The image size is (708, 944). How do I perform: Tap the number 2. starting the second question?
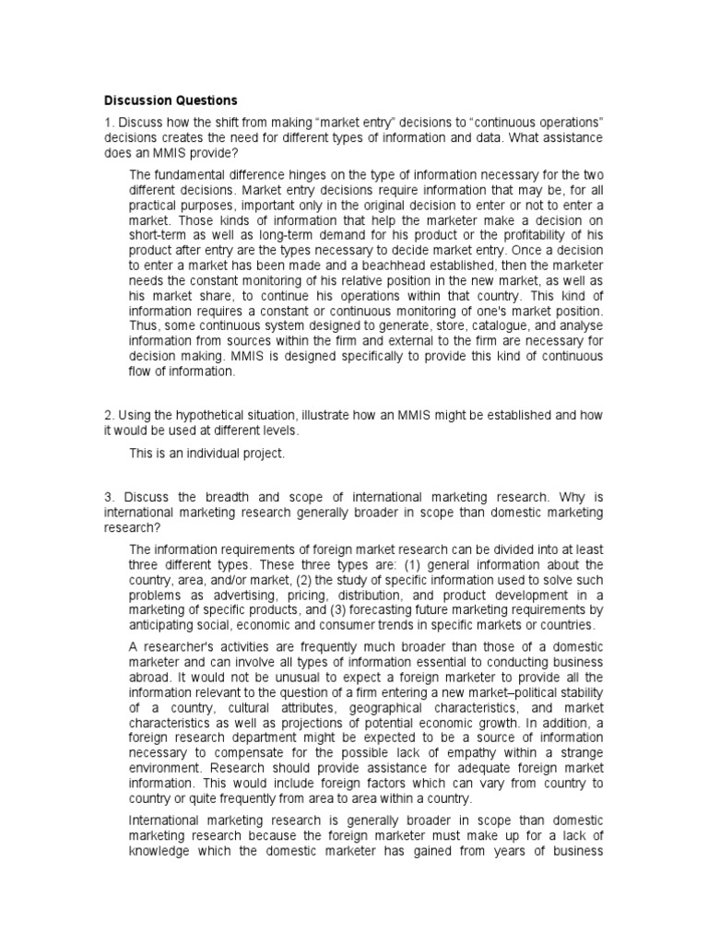108,416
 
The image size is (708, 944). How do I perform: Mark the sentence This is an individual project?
207,454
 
